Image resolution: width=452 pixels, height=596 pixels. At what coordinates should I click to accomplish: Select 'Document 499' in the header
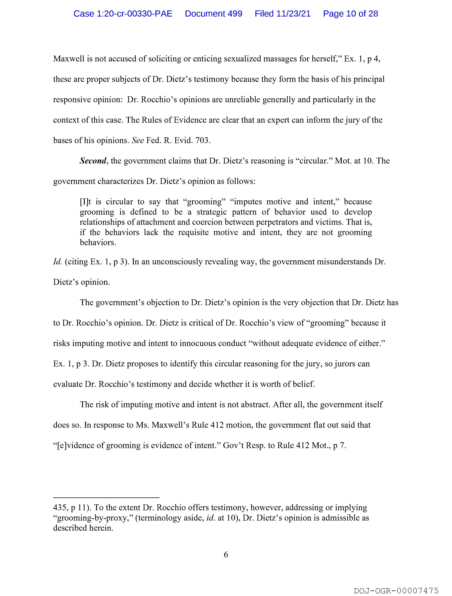213,13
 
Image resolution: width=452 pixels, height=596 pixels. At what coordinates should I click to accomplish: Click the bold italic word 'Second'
93,161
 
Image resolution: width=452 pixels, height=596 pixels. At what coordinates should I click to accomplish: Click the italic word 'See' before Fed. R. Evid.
138,140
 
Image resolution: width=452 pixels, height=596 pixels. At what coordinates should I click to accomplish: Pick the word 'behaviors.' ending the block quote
98,243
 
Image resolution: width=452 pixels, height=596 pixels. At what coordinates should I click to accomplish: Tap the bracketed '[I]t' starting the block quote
86,202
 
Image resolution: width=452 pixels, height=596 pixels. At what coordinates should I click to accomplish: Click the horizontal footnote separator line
106,498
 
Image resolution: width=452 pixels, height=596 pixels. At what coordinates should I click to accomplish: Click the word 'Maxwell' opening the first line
69,59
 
